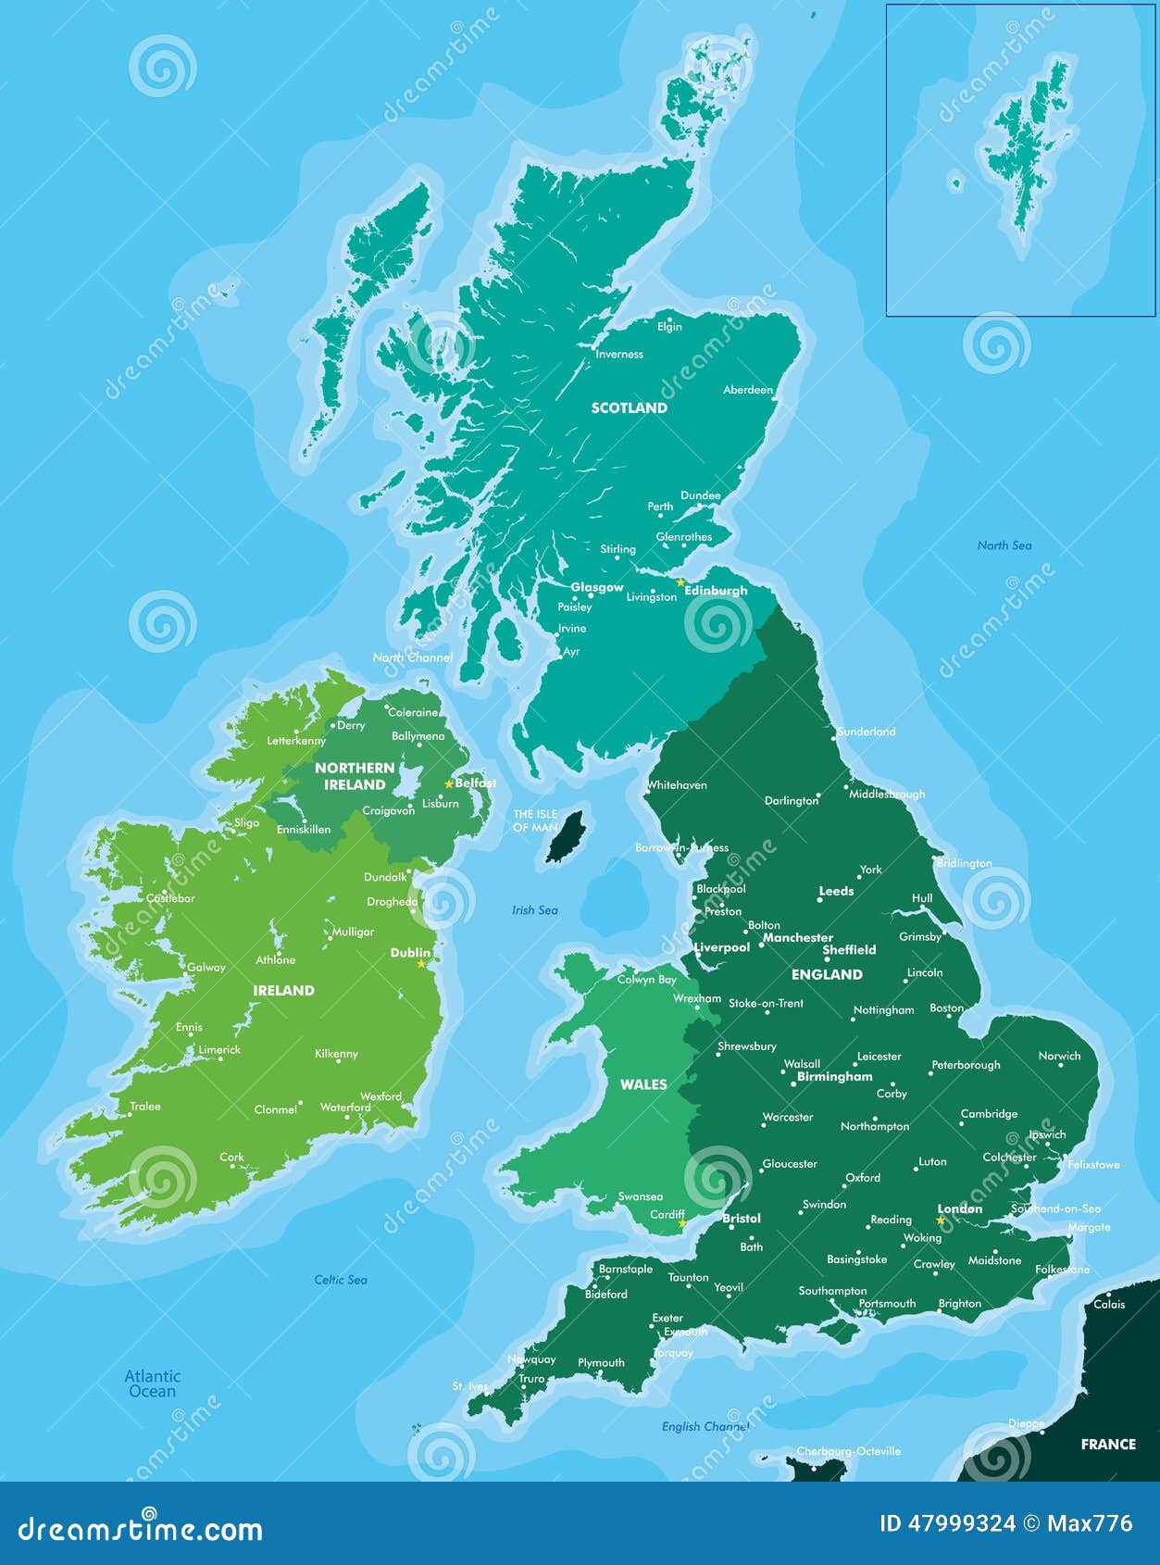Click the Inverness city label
[618, 354]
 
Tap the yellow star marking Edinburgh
[680, 582]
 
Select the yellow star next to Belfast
[449, 783]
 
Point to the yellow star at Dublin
[421, 964]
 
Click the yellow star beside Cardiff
[682, 1223]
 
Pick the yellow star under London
[941, 1221]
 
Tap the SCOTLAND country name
[629, 407]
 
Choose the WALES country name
[643, 1084]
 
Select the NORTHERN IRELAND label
[355, 776]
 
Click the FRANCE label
[1107, 1444]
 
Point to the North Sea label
[1004, 545]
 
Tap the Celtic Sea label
[341, 1280]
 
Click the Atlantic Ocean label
[153, 1383]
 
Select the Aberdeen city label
[747, 390]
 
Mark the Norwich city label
[1059, 1056]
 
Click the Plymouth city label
[601, 1362]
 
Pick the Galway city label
[206, 967]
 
